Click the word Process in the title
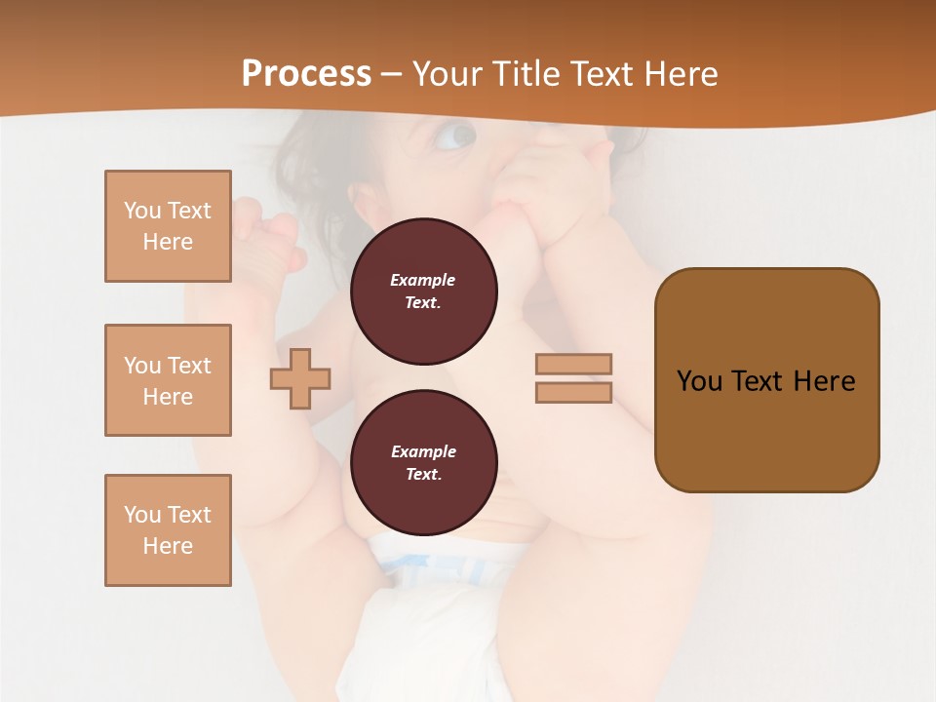pyautogui.click(x=306, y=73)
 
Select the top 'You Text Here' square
pyautogui.click(x=168, y=226)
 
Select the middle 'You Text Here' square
pyautogui.click(x=168, y=380)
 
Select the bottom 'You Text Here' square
pyautogui.click(x=168, y=530)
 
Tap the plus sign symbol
pyautogui.click(x=300, y=378)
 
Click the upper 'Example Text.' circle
pyautogui.click(x=424, y=292)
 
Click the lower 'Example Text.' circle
pyautogui.click(x=424, y=463)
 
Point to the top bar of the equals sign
pyautogui.click(x=574, y=364)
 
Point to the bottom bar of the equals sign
pyautogui.click(x=574, y=392)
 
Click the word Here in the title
pyautogui.click(x=681, y=73)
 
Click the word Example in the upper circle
pyautogui.click(x=422, y=280)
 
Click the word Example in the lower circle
pyautogui.click(x=423, y=451)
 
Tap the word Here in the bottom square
pyautogui.click(x=168, y=546)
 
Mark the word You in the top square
pyautogui.click(x=142, y=211)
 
